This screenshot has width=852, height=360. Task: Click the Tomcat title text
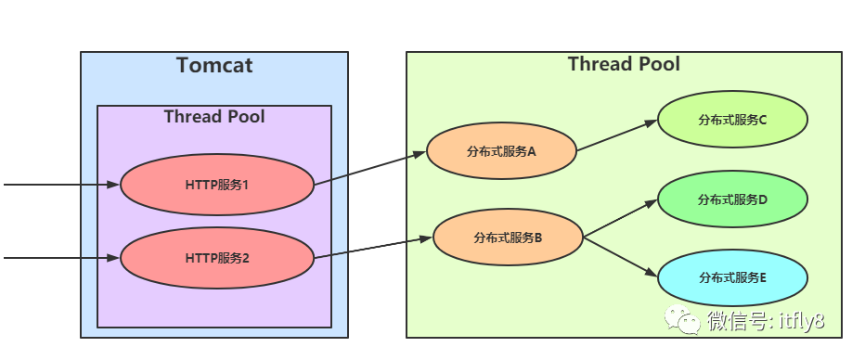[x=214, y=66]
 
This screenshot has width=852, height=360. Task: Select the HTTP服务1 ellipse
[x=217, y=184]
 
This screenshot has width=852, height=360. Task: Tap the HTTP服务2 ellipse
[x=217, y=258]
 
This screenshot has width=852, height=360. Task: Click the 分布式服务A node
[x=501, y=151]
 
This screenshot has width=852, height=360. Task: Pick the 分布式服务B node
[x=508, y=238]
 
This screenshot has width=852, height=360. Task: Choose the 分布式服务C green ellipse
[x=732, y=120]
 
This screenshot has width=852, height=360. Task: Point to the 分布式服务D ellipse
[x=732, y=199]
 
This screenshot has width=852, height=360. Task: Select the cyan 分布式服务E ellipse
[x=732, y=276]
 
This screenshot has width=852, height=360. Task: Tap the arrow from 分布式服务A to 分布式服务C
[x=616, y=135]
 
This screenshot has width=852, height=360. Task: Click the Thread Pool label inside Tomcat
[x=214, y=117]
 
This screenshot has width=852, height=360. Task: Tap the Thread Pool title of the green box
[x=624, y=64]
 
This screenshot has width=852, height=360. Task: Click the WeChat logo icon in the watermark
[x=689, y=321]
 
